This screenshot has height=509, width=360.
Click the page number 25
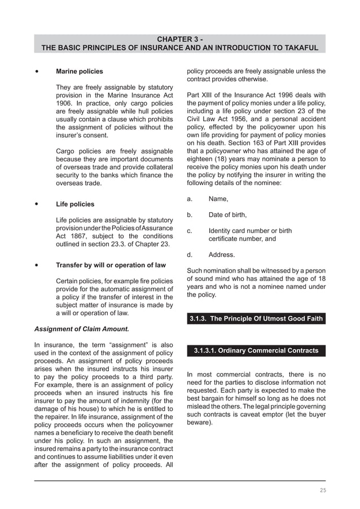322,490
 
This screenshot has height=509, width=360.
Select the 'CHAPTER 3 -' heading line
179,38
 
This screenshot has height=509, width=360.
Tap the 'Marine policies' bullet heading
80,72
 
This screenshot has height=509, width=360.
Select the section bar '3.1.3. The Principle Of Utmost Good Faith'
256,319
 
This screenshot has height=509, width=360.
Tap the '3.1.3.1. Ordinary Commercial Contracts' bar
256,351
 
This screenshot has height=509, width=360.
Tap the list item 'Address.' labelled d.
222,254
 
